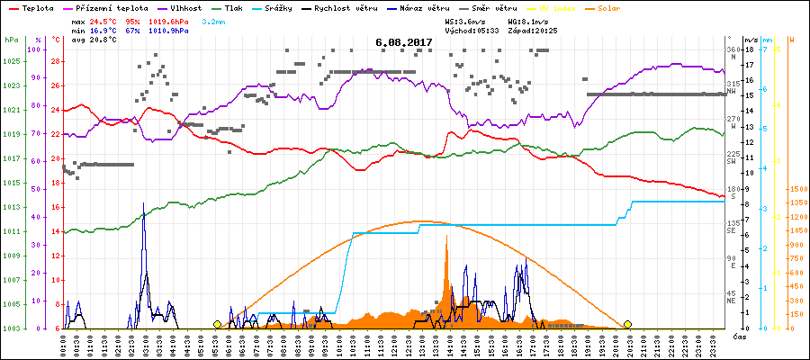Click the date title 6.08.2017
(x=404, y=42)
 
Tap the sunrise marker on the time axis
(x=217, y=324)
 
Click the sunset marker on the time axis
(x=627, y=324)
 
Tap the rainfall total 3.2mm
(x=214, y=20)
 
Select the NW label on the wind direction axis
(x=733, y=91)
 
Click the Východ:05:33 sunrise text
(x=472, y=30)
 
